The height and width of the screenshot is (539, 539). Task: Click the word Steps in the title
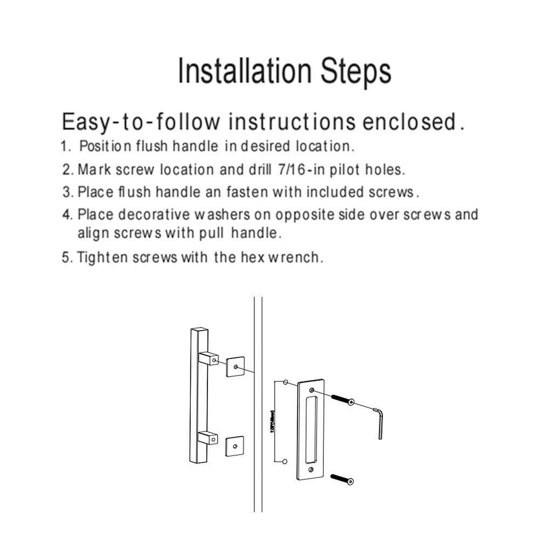point(356,72)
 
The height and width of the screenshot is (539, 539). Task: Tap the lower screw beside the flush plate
point(341,478)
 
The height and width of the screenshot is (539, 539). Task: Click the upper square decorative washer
point(235,366)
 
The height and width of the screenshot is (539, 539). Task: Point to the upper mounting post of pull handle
point(209,358)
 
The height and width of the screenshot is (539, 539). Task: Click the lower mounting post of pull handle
point(208,438)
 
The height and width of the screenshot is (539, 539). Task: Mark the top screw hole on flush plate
point(312,389)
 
